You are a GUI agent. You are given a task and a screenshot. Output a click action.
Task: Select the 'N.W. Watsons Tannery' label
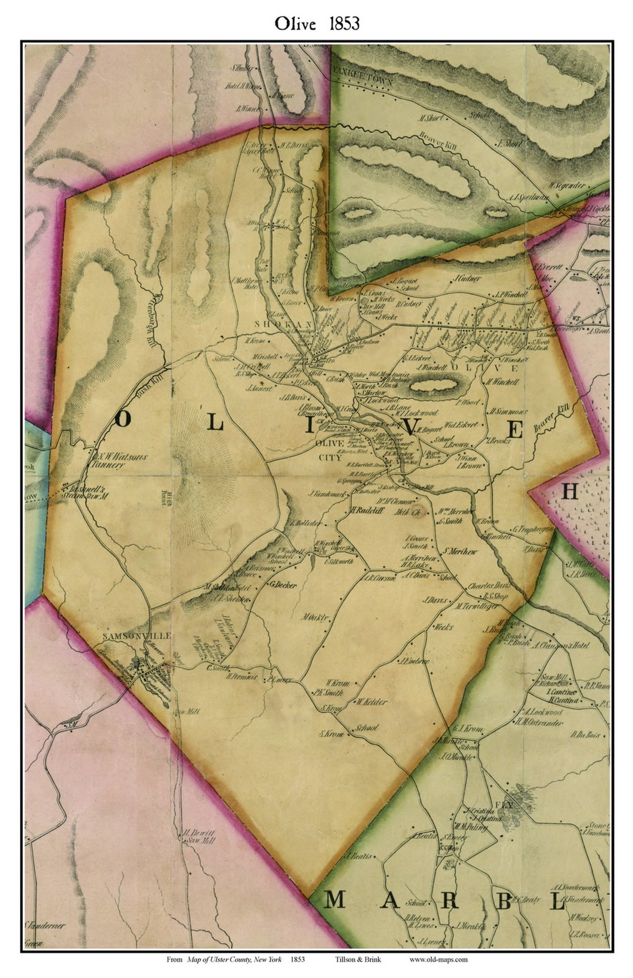[x=119, y=460]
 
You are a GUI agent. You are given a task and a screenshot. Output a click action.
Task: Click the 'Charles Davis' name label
[x=489, y=586]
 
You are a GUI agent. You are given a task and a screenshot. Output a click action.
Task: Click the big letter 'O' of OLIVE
[x=123, y=419]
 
